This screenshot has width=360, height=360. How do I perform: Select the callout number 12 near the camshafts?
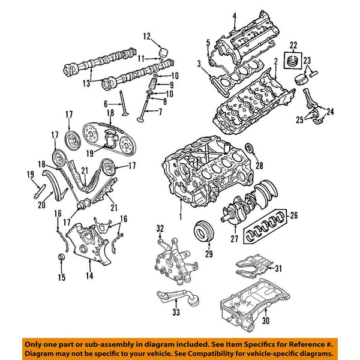146,37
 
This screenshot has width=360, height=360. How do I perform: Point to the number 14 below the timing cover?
89,277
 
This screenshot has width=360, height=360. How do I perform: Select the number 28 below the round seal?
259,166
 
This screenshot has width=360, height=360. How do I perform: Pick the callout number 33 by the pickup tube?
175,312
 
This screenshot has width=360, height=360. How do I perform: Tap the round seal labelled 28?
251,149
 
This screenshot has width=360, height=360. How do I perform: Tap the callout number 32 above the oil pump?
160,229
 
